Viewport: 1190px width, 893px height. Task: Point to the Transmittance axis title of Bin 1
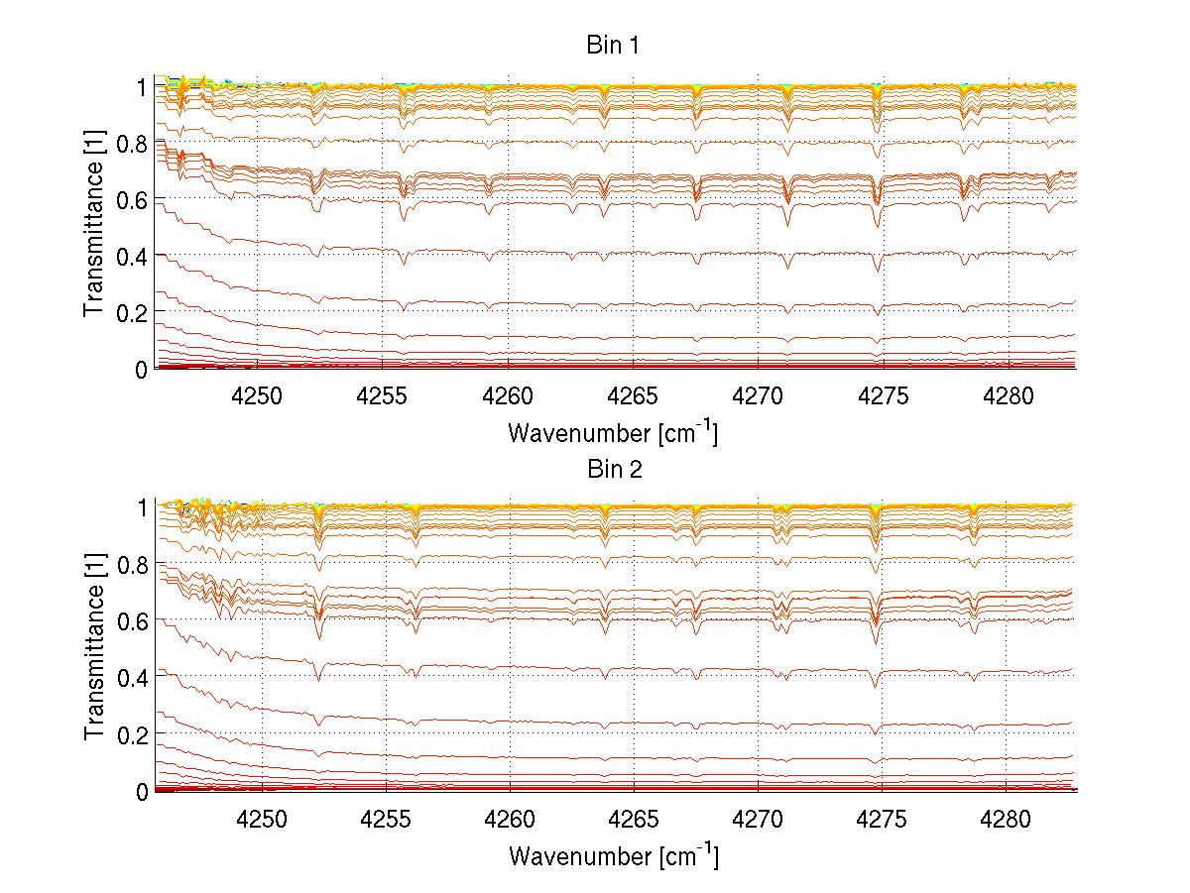coord(94,227)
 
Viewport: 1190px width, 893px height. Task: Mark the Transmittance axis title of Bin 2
coord(94,649)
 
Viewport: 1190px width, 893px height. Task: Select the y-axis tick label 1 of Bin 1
coord(142,86)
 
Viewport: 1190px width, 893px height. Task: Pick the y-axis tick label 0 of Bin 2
coord(142,791)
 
